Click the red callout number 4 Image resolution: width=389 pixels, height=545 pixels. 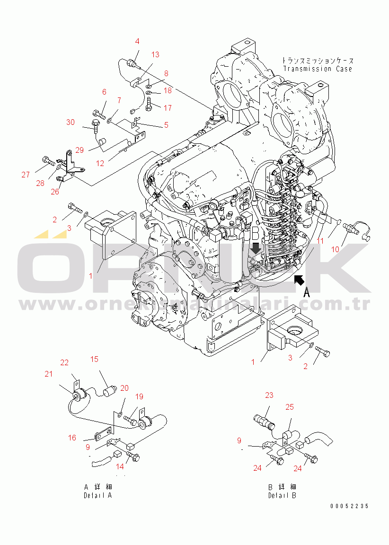tap(137, 42)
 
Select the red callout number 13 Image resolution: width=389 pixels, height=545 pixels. tap(155, 54)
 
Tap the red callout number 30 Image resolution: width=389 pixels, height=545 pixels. tap(71, 123)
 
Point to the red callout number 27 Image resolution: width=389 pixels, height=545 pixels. tap(26, 175)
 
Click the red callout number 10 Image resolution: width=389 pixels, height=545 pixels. tap(335, 249)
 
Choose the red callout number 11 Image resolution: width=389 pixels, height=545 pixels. tap(320, 241)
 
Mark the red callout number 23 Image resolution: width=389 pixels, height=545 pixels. tap(269, 395)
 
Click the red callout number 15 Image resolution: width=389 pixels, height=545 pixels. tap(94, 359)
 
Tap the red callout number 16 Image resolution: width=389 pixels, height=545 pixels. tap(72, 438)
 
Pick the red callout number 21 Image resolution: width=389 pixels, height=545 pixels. tap(49, 374)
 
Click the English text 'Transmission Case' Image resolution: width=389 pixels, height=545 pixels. tap(318, 69)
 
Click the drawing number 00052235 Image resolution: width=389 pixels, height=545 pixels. tap(349, 506)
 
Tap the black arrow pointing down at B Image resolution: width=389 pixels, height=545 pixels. tap(256, 248)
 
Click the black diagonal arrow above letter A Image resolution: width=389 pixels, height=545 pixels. tap(299, 281)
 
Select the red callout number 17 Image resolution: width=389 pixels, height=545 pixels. tap(168, 108)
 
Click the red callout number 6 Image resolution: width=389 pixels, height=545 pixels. tap(104, 92)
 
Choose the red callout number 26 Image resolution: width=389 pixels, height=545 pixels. tap(55, 192)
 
